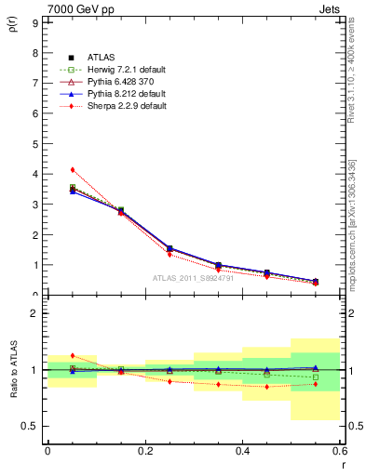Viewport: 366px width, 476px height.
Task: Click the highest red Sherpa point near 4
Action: tap(72, 169)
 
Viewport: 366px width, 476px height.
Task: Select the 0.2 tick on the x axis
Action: tap(144, 451)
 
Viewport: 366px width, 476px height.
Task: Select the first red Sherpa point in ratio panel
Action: tap(72, 355)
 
